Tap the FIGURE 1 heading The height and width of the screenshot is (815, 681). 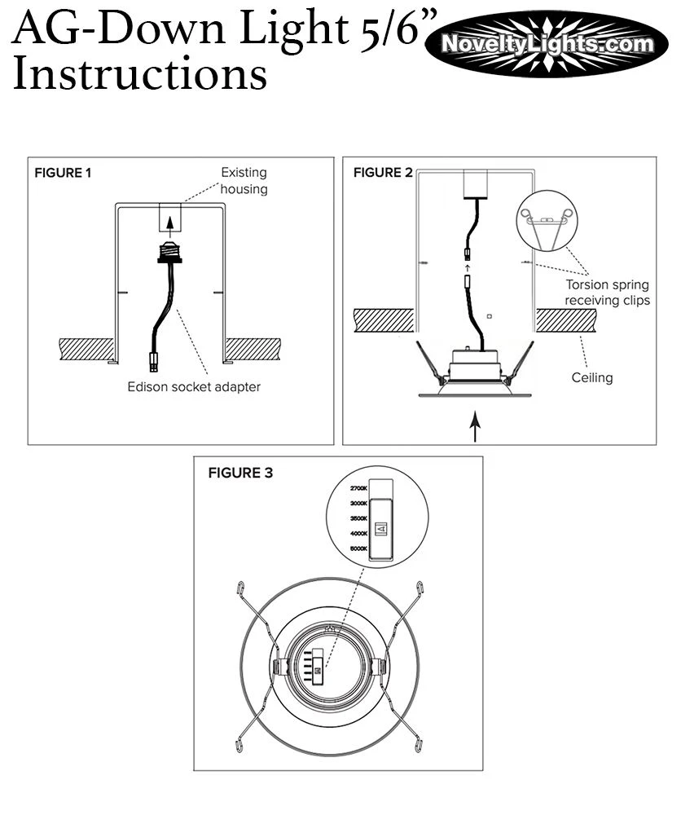click(63, 173)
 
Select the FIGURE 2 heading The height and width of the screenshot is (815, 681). click(382, 172)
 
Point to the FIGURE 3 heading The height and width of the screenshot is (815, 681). click(240, 474)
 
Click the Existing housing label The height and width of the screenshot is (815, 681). click(244, 181)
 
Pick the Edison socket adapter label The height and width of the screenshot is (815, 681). click(194, 387)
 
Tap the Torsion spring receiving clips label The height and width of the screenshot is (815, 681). click(608, 293)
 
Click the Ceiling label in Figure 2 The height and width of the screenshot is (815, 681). click(591, 377)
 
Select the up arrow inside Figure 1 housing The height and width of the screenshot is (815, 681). click(169, 221)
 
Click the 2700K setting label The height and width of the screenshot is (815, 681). click(359, 488)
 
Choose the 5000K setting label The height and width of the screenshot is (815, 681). click(359, 549)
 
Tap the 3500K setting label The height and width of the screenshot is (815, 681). click(359, 518)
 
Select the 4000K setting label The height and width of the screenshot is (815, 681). click(359, 534)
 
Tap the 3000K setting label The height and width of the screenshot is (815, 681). click(359, 504)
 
